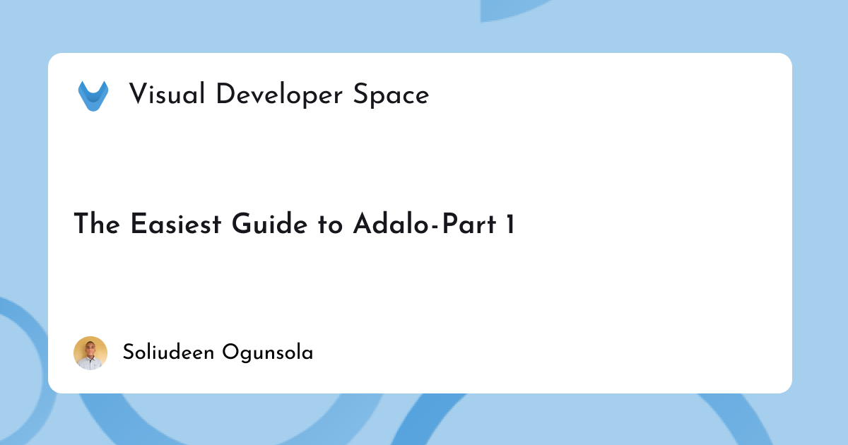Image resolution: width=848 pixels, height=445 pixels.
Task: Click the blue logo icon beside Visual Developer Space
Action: [x=93, y=95]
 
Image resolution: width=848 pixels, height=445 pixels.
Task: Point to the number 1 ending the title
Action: [x=509, y=224]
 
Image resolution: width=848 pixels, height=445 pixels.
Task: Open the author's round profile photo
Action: [x=90, y=353]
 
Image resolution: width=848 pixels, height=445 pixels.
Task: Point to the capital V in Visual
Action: [x=138, y=94]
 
